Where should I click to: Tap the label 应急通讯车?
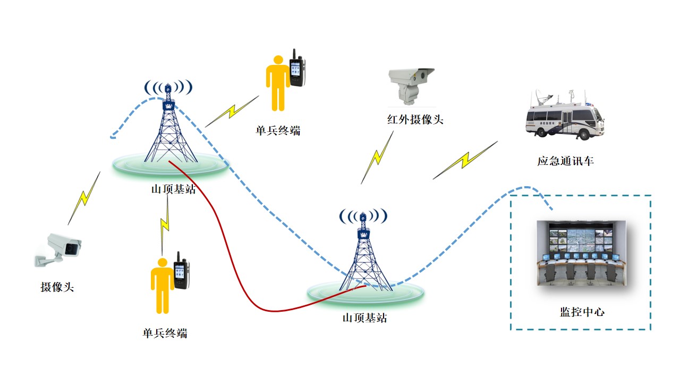click(x=565, y=161)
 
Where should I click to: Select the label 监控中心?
click(x=582, y=311)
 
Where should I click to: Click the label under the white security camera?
click(x=57, y=287)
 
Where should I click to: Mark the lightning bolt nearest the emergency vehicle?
click(x=465, y=160)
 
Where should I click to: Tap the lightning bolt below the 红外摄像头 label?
click(x=377, y=157)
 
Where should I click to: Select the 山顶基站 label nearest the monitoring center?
click(x=364, y=318)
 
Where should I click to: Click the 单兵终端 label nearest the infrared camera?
click(x=278, y=130)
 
